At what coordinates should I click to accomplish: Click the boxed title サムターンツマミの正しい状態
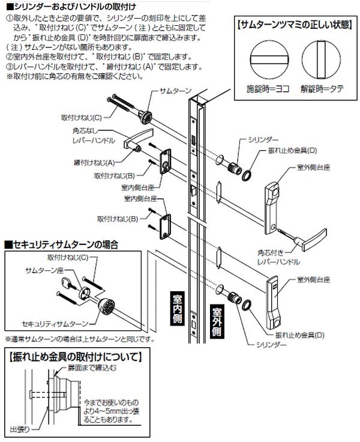292,26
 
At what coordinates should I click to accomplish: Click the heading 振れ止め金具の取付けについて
74,356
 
